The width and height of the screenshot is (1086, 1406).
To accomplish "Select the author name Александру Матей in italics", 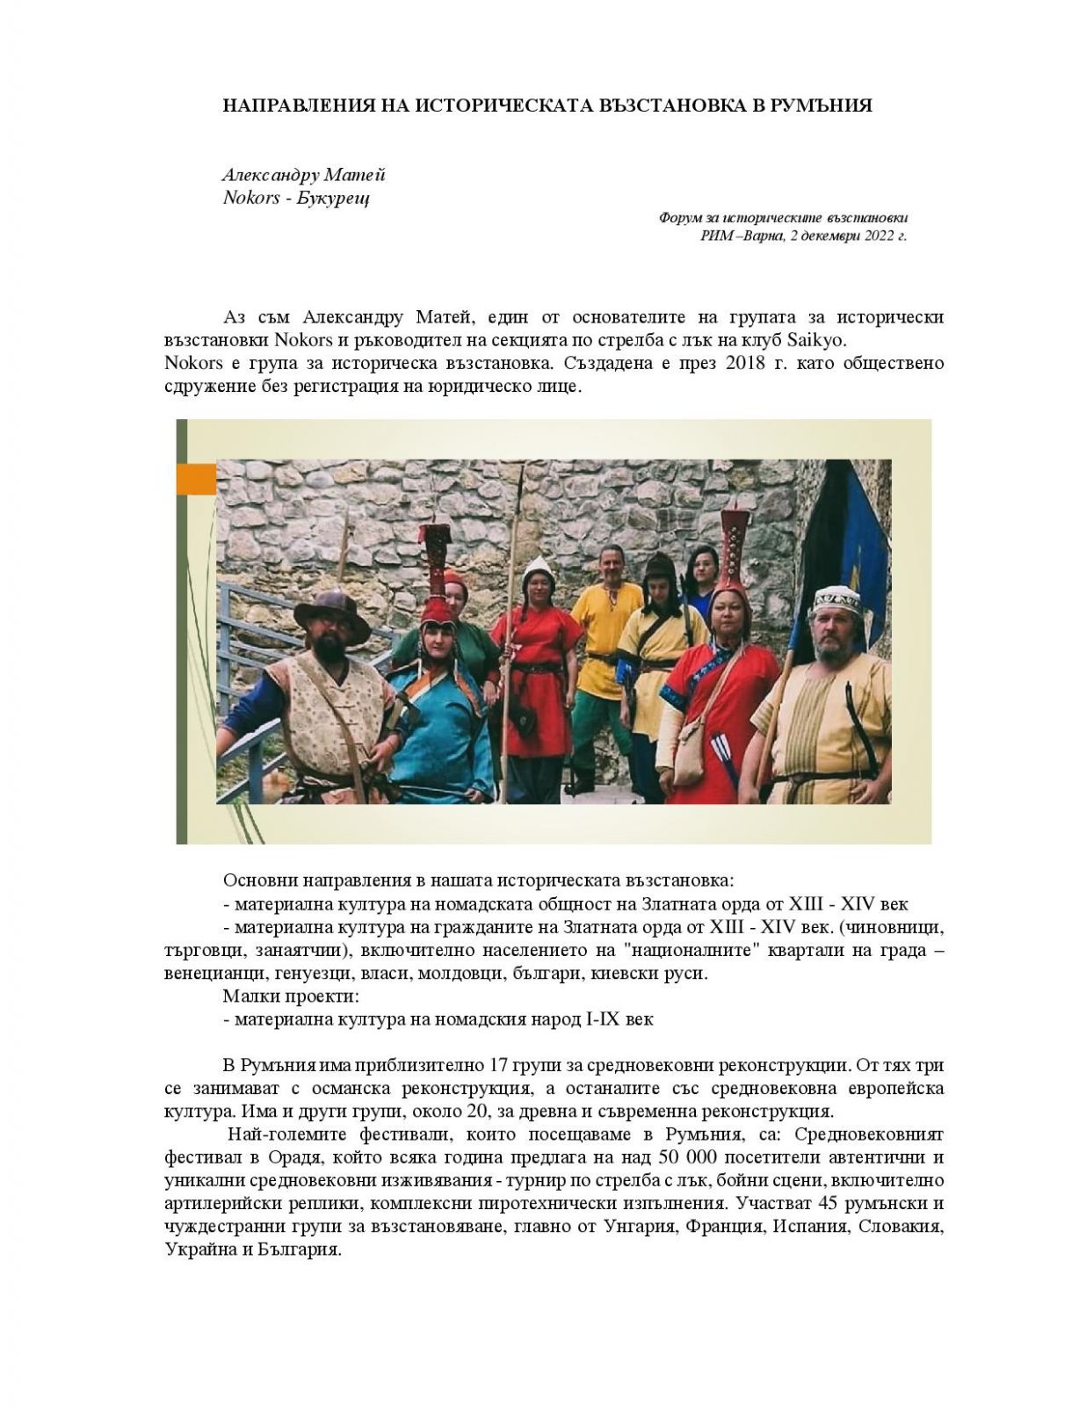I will pyautogui.click(x=304, y=175).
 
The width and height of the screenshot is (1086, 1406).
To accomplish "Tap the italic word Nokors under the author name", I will pyautogui.click(x=251, y=197).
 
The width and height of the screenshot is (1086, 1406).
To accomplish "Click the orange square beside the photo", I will pyautogui.click(x=196, y=479).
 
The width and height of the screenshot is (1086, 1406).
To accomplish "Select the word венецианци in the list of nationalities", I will pyautogui.click(x=208, y=974).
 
